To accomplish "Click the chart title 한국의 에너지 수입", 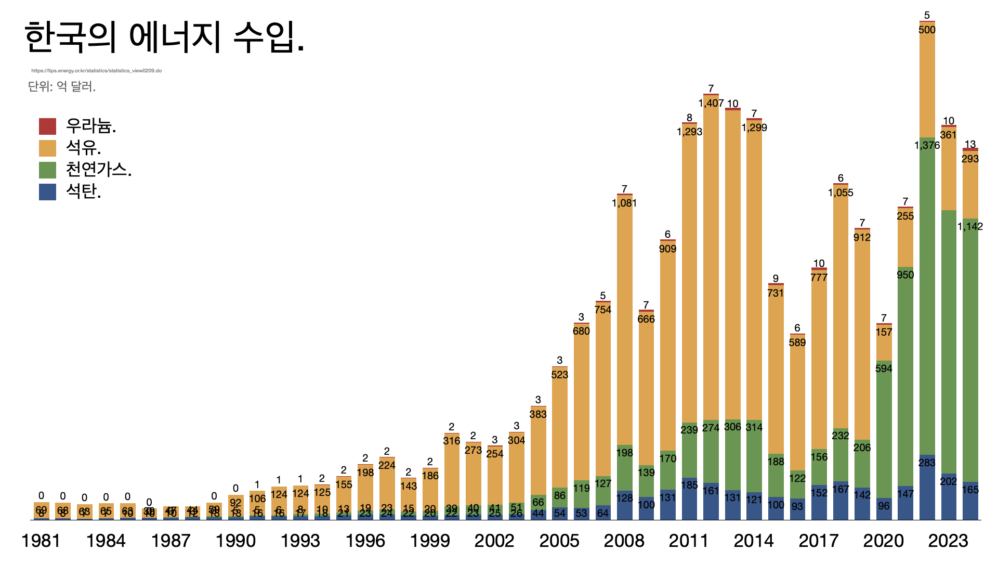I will click(x=164, y=37).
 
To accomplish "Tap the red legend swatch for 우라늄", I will click(x=47, y=126).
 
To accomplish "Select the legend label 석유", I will click(x=83, y=148).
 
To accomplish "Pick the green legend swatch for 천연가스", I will click(x=47, y=170).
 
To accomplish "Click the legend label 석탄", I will click(x=83, y=191).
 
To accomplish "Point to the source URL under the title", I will click(x=96, y=71).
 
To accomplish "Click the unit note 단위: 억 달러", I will click(x=62, y=86).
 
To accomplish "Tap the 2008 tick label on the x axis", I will click(x=624, y=541).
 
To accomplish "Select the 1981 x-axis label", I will click(x=41, y=541).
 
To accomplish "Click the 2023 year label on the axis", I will click(x=948, y=541).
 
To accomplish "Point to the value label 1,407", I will click(x=711, y=103).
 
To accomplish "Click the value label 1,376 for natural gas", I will click(x=927, y=145).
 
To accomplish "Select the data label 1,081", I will click(x=624, y=203).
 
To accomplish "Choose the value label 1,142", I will click(x=970, y=226).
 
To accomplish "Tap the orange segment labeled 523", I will click(x=559, y=427).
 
